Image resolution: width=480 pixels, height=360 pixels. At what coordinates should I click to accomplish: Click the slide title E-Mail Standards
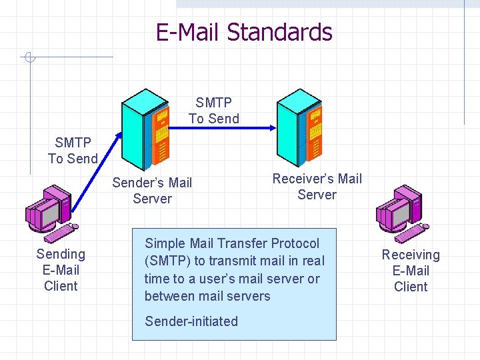pyautogui.click(x=243, y=32)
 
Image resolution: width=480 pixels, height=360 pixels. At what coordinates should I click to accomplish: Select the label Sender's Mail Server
pyautogui.click(x=152, y=191)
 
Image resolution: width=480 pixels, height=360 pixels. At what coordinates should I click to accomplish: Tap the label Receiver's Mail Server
pyautogui.click(x=317, y=187)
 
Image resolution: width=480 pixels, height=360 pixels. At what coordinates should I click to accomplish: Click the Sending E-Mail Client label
pyautogui.click(x=61, y=270)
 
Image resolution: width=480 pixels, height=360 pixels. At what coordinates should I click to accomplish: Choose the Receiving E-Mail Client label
pyautogui.click(x=411, y=271)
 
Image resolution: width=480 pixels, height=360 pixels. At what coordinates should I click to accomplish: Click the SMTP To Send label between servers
pyautogui.click(x=214, y=111)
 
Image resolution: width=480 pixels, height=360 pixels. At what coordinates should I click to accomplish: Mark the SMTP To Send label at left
pyautogui.click(x=73, y=151)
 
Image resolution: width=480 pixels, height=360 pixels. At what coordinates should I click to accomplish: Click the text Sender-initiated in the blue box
pyautogui.click(x=191, y=321)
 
